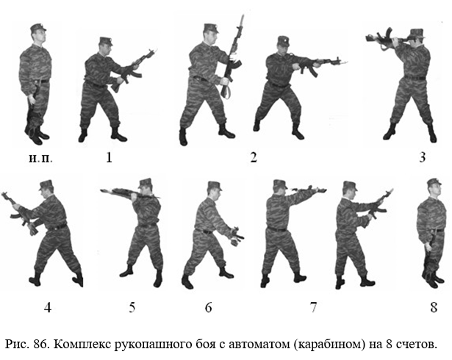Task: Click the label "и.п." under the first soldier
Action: click(x=40, y=158)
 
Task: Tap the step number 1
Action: click(x=109, y=157)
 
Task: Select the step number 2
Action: click(x=254, y=157)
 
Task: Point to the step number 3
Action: click(x=423, y=157)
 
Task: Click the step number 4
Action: click(x=48, y=308)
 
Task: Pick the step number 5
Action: click(x=132, y=308)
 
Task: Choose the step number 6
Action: click(x=209, y=308)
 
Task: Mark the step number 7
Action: click(x=313, y=308)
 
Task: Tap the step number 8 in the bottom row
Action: click(x=434, y=308)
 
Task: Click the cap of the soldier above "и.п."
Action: click(x=38, y=27)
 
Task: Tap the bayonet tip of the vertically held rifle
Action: click(x=242, y=15)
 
